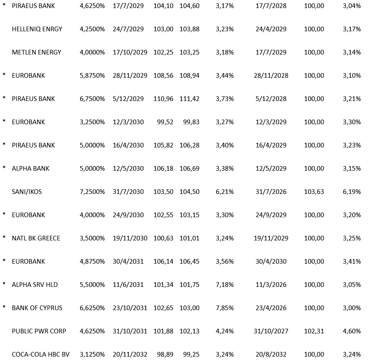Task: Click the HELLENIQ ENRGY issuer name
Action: coord(37,29)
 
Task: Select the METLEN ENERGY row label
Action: coord(37,52)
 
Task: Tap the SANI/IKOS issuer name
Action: coord(27,192)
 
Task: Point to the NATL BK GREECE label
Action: coord(36,238)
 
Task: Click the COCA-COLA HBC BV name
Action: coord(41,355)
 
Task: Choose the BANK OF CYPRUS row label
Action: coord(37,308)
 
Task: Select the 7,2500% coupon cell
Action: coord(92,192)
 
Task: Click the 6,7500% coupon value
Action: coord(92,99)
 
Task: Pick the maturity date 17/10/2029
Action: coord(130,52)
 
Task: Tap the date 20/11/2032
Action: coord(130,355)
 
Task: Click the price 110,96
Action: coord(163,99)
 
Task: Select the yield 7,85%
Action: coord(225,308)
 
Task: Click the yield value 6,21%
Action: coord(225,192)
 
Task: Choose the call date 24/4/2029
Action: coord(271,29)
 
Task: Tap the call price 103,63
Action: coord(314,192)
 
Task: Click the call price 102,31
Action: coord(314,331)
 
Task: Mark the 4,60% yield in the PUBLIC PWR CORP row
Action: coord(352,331)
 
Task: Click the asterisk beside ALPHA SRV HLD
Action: coord(4,284)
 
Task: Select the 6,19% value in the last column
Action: coord(352,192)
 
